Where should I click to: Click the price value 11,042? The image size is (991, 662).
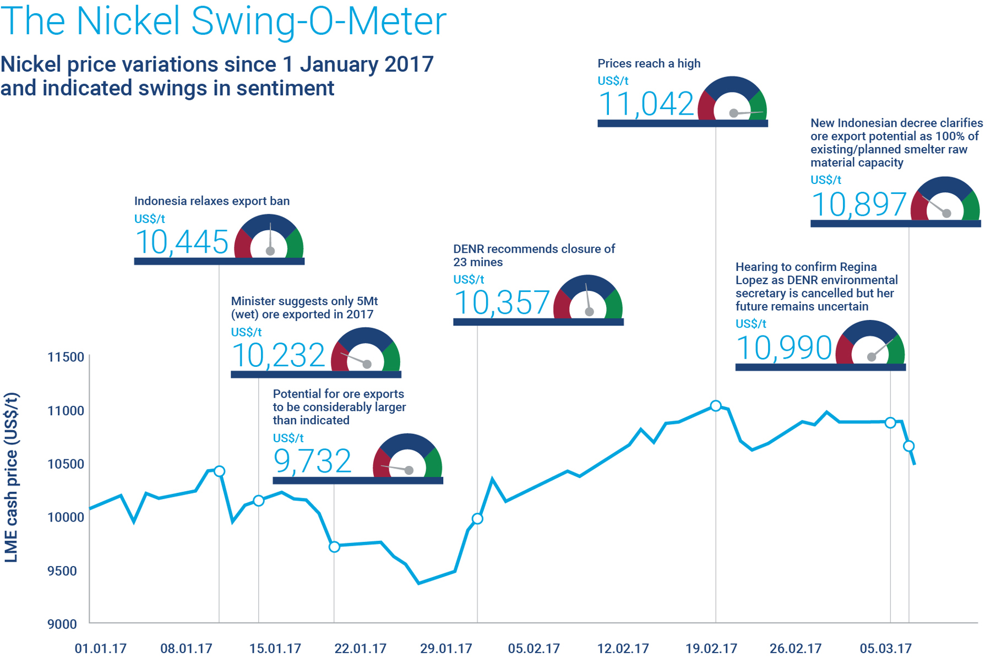(x=645, y=104)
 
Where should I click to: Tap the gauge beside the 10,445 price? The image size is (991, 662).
(x=269, y=237)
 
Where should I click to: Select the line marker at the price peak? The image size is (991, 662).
(x=715, y=406)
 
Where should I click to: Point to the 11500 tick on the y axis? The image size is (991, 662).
(x=66, y=357)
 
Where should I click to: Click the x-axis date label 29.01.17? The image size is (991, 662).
(x=446, y=648)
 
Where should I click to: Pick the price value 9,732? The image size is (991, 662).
(x=312, y=461)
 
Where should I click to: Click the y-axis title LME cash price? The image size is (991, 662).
(x=12, y=477)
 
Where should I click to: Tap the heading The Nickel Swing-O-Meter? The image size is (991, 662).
(x=223, y=21)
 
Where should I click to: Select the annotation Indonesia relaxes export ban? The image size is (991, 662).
(x=212, y=201)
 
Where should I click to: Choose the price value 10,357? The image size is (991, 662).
(x=502, y=302)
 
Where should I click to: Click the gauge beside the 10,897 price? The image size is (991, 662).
(x=945, y=200)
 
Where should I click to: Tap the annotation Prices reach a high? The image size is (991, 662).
(x=649, y=63)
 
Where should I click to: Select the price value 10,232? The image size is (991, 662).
(x=279, y=355)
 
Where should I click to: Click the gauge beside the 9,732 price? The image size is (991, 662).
(x=407, y=457)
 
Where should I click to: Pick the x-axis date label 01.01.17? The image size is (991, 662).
(x=101, y=648)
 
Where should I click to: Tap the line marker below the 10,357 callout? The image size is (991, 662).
(x=477, y=519)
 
